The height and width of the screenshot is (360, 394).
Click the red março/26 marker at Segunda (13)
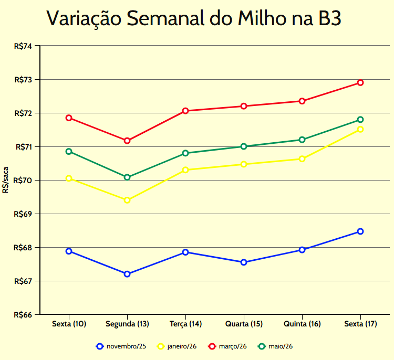tap(127, 141)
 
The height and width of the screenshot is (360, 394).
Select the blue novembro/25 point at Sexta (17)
tap(360, 231)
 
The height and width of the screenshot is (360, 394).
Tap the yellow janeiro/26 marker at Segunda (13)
tap(127, 200)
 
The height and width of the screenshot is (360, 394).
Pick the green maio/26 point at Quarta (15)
tap(244, 146)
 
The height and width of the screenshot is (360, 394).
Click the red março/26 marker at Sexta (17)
tap(360, 82)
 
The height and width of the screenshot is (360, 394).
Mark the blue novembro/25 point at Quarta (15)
tap(244, 262)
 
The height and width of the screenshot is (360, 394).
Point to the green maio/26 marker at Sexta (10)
tap(69, 152)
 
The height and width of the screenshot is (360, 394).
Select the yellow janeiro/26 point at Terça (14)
tap(185, 170)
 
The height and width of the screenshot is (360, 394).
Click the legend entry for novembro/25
tap(121, 346)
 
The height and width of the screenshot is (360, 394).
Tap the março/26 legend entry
tap(227, 346)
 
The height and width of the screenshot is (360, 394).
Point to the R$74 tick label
tap(23, 46)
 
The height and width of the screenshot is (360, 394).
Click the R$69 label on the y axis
tap(23, 214)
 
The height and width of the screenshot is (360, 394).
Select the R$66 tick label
tap(23, 315)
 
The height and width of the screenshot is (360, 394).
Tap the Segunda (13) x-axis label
tap(127, 324)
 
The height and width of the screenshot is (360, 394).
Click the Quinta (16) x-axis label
tap(302, 324)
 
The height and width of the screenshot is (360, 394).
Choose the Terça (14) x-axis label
tap(185, 324)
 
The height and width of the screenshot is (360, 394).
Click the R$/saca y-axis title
tap(5, 180)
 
